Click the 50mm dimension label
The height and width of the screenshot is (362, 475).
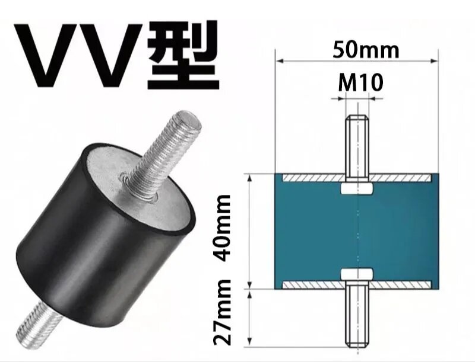pos(366,50)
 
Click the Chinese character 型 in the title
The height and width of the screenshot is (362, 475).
pos(183,55)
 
